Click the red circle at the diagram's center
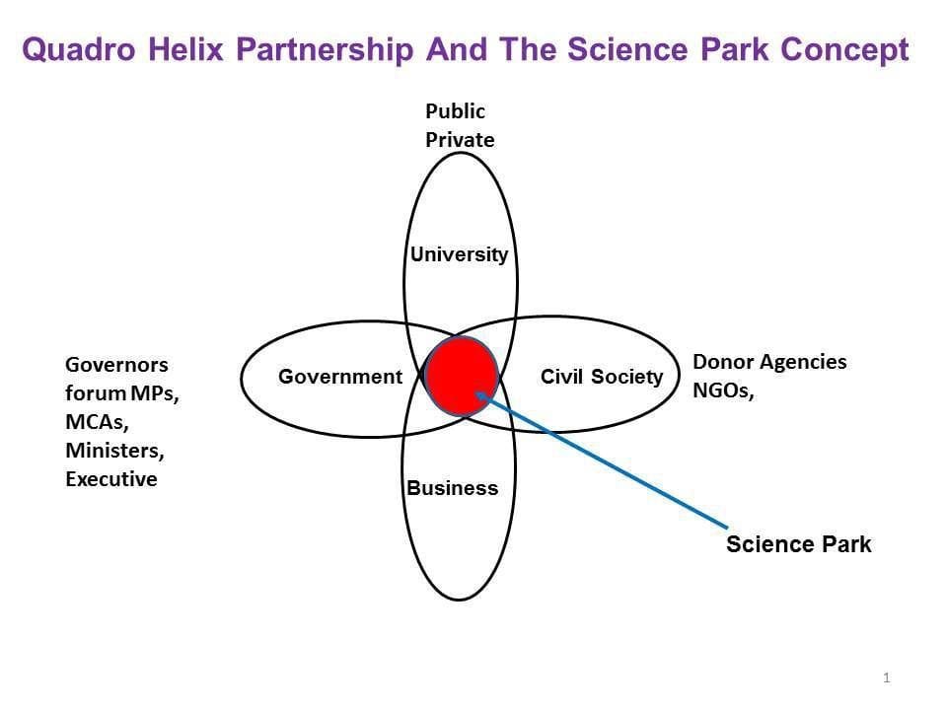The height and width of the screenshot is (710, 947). click(461, 376)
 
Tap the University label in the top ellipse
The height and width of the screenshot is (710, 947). click(459, 254)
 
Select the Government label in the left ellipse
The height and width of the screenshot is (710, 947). click(340, 377)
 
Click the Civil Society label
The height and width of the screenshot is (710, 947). click(602, 377)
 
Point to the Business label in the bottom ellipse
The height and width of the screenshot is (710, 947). click(453, 488)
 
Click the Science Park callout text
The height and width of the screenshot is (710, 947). click(798, 544)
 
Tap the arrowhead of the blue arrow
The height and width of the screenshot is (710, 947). click(480, 395)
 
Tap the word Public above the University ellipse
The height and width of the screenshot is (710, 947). click(455, 111)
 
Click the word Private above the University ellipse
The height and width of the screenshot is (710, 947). click(460, 140)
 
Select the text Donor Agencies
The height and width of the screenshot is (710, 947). click(769, 362)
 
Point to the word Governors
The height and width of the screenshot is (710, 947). click(116, 365)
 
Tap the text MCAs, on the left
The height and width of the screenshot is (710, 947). click(97, 422)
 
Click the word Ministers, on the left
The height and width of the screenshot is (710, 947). click(114, 451)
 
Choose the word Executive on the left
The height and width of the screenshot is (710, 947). click(110, 480)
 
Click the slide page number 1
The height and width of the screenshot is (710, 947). click(887, 677)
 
